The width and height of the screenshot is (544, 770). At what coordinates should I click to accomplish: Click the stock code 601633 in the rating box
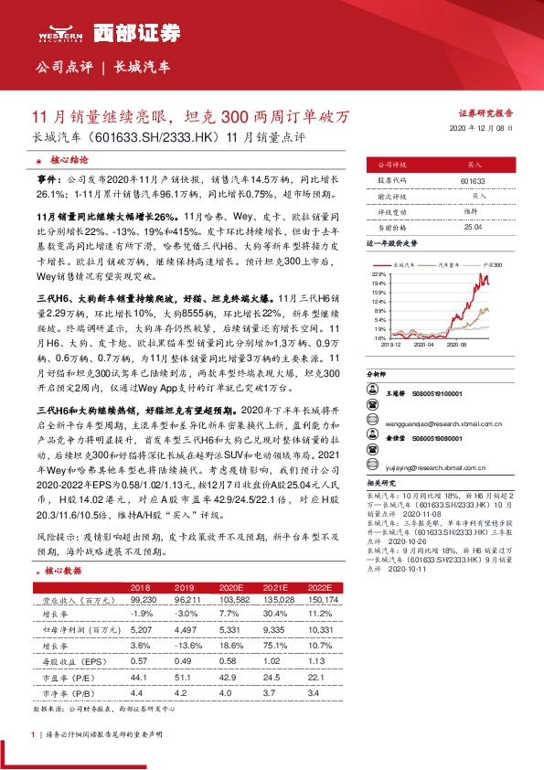(x=473, y=181)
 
